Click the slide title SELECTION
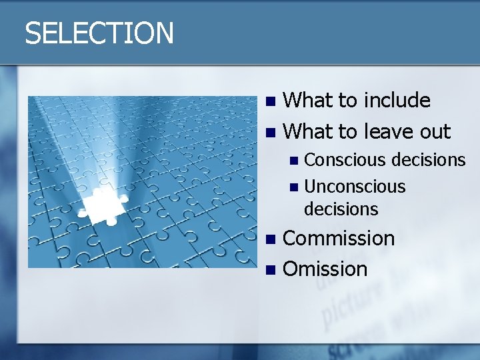pyautogui.click(x=99, y=33)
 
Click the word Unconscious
pyautogui.click(x=355, y=187)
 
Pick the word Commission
pyautogui.click(x=339, y=238)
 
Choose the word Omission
pyautogui.click(x=325, y=269)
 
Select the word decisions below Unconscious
pyautogui.click(x=341, y=209)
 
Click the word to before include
pyautogui.click(x=347, y=101)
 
